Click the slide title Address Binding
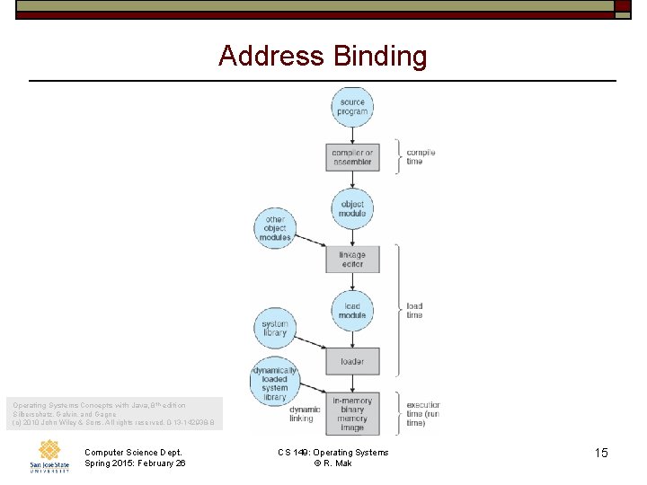[323, 57]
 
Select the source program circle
[352, 107]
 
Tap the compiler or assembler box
[352, 157]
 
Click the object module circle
[352, 208]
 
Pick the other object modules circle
[275, 228]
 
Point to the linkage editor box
[352, 260]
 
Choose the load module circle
[352, 311]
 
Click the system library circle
[275, 328]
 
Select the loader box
[352, 362]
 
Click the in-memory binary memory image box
[352, 413]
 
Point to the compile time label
[421, 157]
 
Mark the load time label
[414, 311]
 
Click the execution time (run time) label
[422, 413]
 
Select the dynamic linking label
[302, 413]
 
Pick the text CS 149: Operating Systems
[333, 452]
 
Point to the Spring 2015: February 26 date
[135, 463]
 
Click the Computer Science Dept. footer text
[133, 452]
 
